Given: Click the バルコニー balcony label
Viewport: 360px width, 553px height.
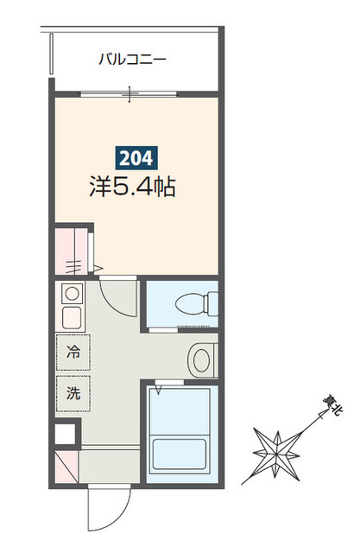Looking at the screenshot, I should point(131,60).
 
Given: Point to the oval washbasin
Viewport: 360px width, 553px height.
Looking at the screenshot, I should point(203,357).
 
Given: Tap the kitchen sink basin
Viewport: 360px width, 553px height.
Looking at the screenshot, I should point(70,315).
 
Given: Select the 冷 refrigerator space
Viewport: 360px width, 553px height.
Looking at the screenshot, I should point(73,352).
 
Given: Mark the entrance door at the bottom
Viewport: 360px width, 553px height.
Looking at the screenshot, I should point(108,510).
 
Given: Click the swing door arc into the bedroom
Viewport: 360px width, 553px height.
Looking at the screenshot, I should point(119,298).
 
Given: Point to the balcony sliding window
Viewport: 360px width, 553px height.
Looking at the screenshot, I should point(130,92).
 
